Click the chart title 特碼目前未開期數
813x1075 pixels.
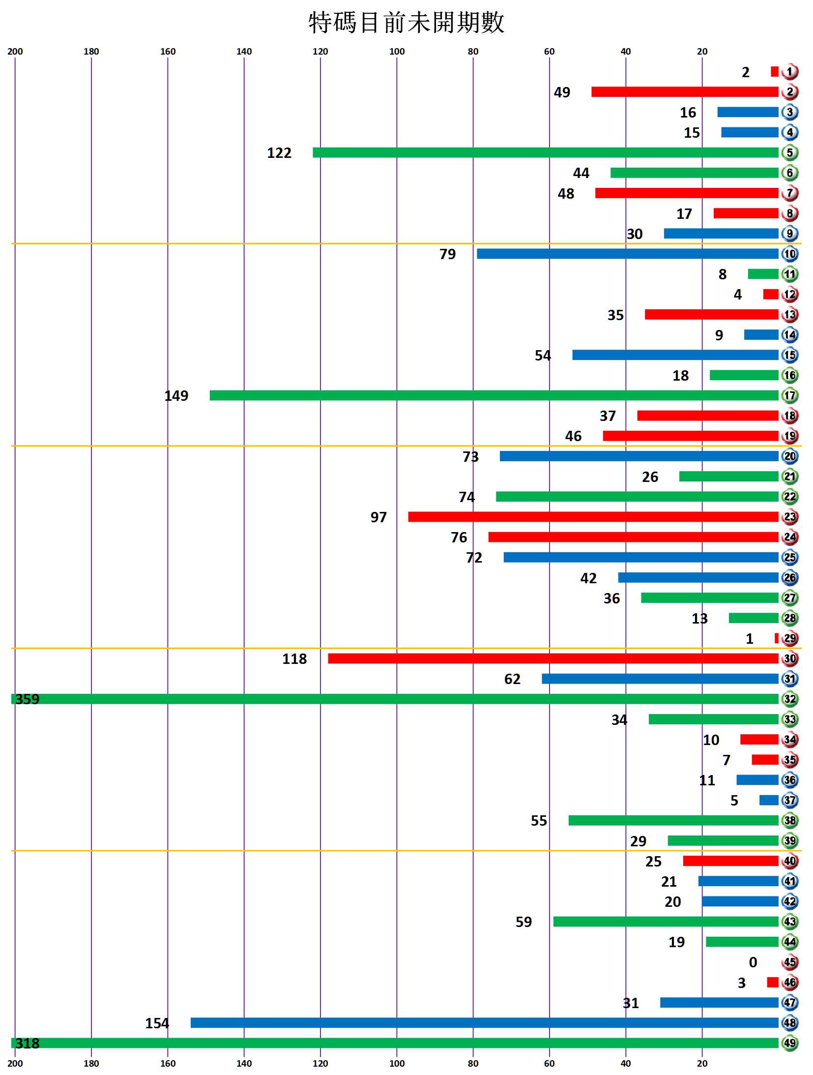coord(406,23)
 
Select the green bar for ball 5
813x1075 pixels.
coord(546,152)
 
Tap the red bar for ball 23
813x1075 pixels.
coord(593,517)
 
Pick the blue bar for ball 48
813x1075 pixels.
coord(485,1023)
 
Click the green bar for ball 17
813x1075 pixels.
coord(494,395)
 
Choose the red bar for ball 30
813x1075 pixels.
coord(553,658)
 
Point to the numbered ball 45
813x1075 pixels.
coord(789,962)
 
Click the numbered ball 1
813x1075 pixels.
coord(789,72)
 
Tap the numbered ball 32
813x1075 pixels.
coord(789,699)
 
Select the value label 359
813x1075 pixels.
coord(27,699)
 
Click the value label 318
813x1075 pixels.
coord(27,1043)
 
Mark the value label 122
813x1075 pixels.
coord(279,153)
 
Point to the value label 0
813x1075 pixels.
coord(753,962)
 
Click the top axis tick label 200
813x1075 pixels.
coord(15,52)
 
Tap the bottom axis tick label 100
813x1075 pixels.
coord(397,1063)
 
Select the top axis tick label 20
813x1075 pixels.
coord(702,52)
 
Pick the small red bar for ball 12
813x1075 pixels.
coord(771,294)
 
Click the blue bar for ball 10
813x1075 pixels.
coord(628,254)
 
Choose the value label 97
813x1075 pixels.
coord(378,517)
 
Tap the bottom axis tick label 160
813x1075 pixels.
coord(168,1063)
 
